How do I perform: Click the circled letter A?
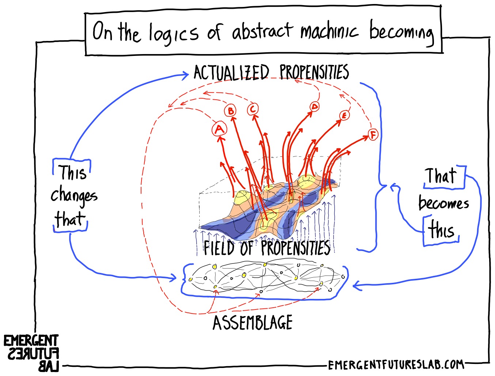[219, 129]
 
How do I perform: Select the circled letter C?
[253, 109]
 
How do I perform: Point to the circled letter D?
[314, 107]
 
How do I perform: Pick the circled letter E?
[344, 115]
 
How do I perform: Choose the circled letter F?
[373, 135]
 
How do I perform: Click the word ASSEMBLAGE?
[252, 323]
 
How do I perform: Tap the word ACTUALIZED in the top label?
[231, 72]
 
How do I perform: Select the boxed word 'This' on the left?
[73, 172]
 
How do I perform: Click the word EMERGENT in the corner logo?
[31, 341]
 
